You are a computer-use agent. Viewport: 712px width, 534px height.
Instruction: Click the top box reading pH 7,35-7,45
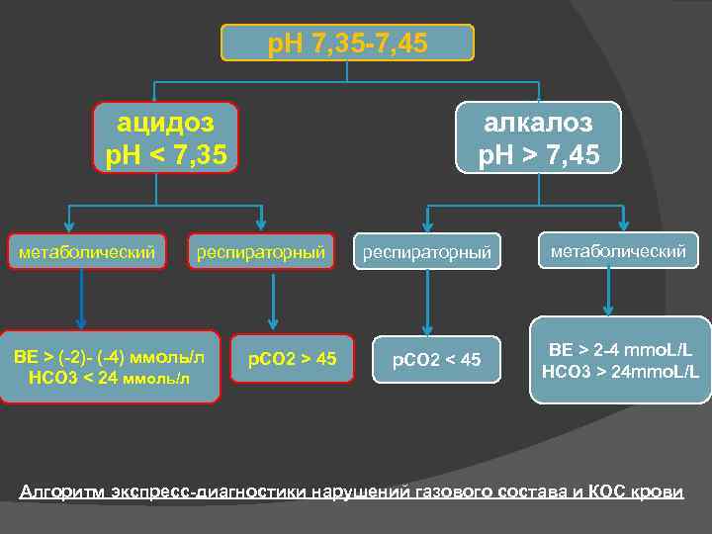[348, 43]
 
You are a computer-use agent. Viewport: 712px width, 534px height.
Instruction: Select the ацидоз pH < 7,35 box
[166, 138]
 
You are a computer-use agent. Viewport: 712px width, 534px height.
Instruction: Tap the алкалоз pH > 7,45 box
[538, 138]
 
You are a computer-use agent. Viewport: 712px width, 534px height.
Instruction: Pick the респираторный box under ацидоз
[261, 253]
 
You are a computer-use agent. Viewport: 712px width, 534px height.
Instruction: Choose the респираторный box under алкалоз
[427, 253]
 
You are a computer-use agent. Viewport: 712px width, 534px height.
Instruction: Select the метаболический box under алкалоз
[618, 251]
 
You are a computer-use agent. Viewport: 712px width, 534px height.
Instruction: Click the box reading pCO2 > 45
[292, 358]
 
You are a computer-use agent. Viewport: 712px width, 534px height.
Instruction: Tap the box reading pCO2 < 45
[436, 359]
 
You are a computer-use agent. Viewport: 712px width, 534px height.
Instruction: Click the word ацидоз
[166, 123]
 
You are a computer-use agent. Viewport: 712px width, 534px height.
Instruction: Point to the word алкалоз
[538, 123]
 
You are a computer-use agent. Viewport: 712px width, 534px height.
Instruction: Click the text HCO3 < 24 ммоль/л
[109, 377]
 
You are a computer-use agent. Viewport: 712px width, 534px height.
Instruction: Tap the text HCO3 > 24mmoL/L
[620, 372]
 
